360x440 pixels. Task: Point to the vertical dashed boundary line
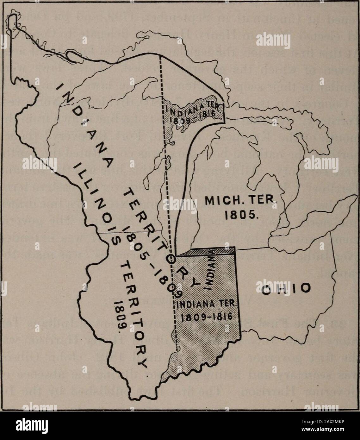point(165,158)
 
